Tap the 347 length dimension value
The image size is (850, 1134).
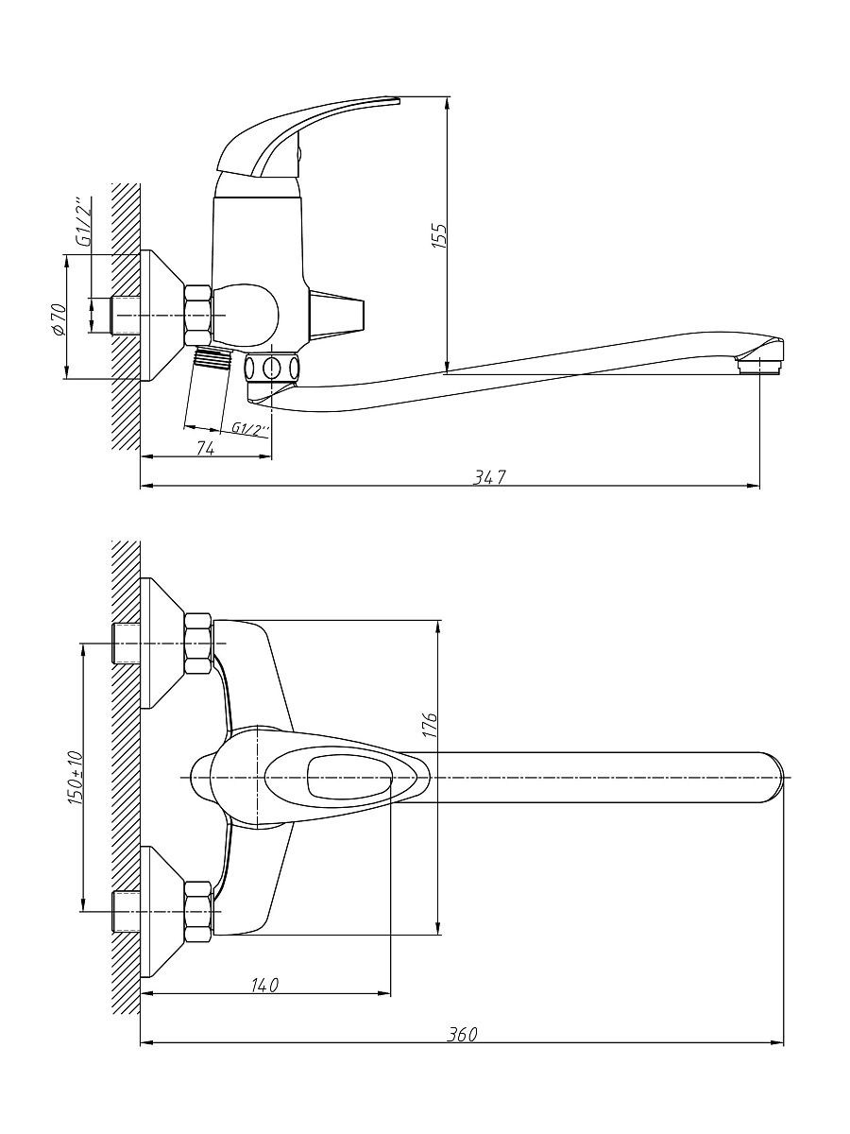click(x=489, y=477)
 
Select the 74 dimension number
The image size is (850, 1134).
click(x=205, y=449)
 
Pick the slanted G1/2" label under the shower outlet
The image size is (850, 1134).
click(x=250, y=429)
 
